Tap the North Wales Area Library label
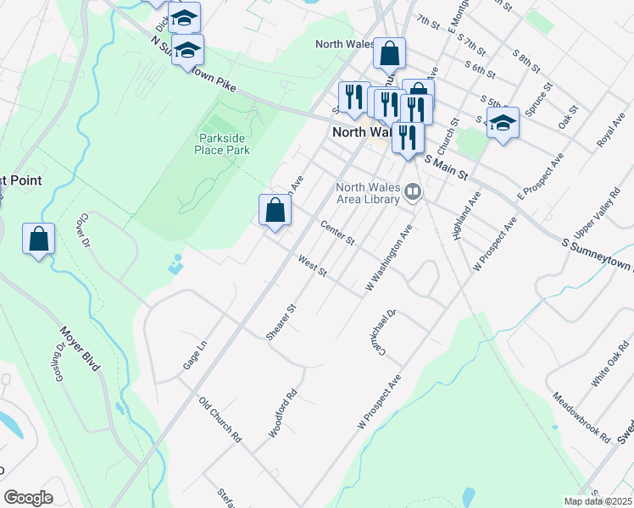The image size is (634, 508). pyautogui.click(x=367, y=193)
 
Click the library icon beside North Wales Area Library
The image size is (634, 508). pyautogui.click(x=413, y=192)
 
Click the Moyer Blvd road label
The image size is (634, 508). pyautogui.click(x=81, y=349)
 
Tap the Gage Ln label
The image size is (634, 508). pyautogui.click(x=195, y=355)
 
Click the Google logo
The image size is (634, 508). pyautogui.click(x=28, y=497)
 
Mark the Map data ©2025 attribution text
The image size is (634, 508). pyautogui.click(x=598, y=501)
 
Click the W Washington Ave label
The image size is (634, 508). pyautogui.click(x=389, y=259)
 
